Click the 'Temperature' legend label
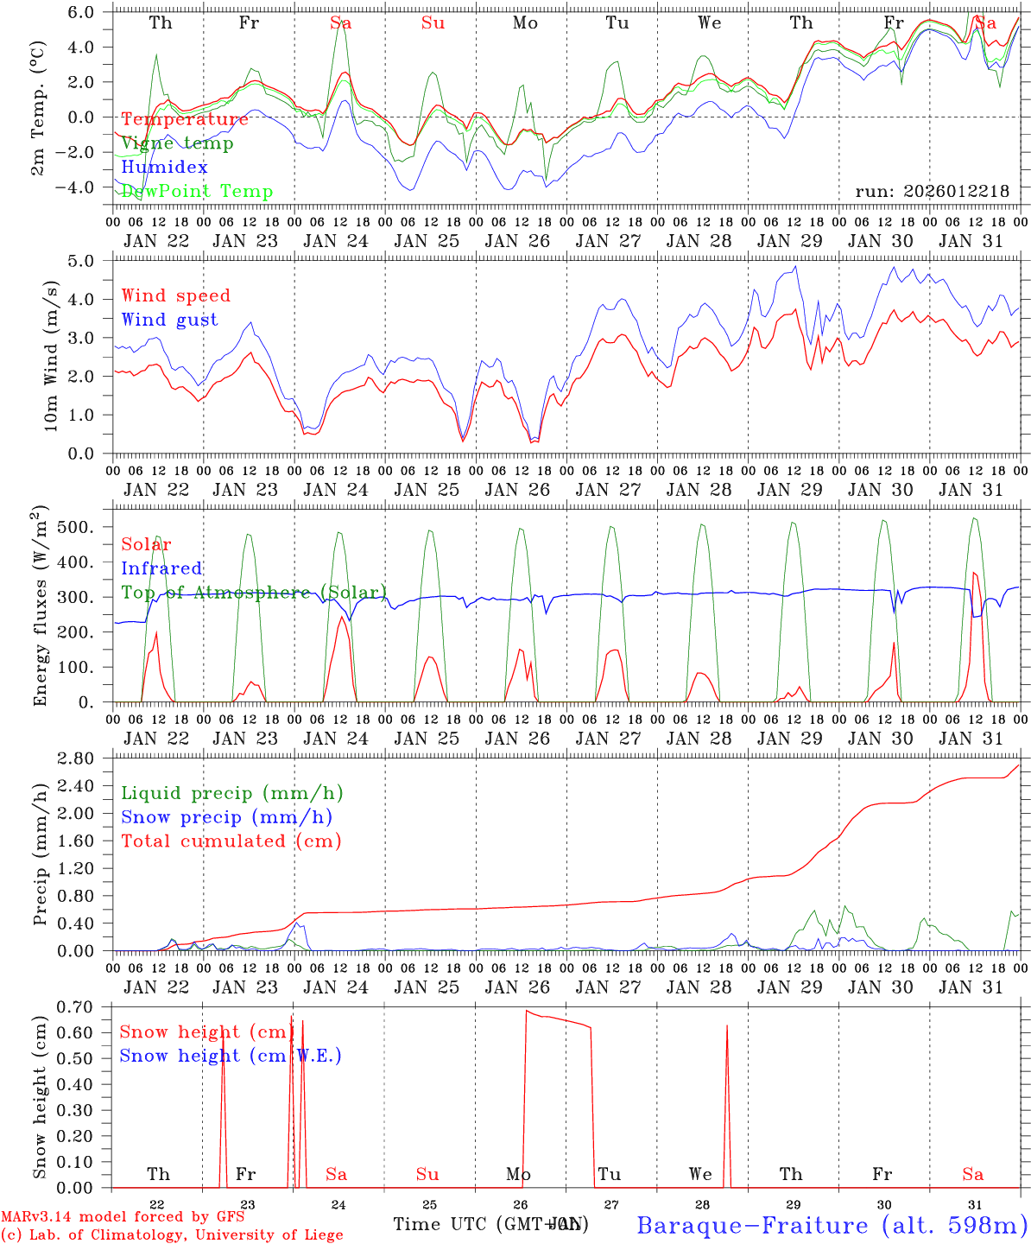point(185,119)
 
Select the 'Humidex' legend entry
point(164,168)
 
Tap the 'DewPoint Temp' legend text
point(197,191)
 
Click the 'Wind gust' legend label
point(169,320)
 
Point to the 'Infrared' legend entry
point(161,568)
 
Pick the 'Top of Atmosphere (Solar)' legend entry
point(254,593)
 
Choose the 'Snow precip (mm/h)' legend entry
point(226,817)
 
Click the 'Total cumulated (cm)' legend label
point(231,841)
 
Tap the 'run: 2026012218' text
point(932,191)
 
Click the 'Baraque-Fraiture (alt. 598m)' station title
point(832,1225)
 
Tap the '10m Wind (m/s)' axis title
point(51,355)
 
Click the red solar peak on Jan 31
point(975,574)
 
